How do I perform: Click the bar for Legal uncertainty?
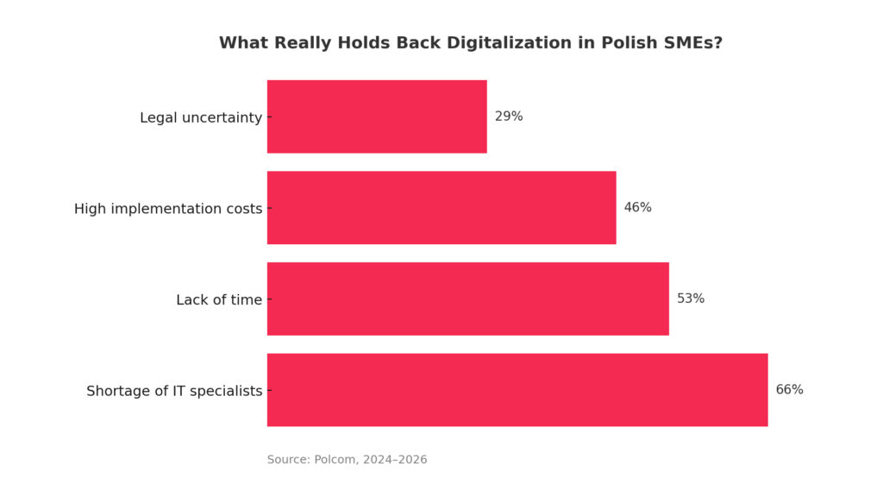pos(377,116)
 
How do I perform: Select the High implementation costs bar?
pos(441,208)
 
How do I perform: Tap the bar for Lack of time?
pos(467,299)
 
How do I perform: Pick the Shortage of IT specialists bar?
pos(517,390)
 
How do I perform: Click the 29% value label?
pos(509,116)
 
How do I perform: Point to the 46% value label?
pos(637,208)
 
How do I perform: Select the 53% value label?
pos(691,299)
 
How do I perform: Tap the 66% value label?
pos(789,390)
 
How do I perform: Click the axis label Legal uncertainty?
pos(201,117)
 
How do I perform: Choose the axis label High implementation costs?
pos(168,209)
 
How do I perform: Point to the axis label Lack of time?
pos(219,300)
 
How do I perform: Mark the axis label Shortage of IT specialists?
pos(174,391)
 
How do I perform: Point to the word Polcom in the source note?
pos(335,460)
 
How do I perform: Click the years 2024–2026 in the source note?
pos(395,460)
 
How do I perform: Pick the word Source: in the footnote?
pos(288,460)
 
